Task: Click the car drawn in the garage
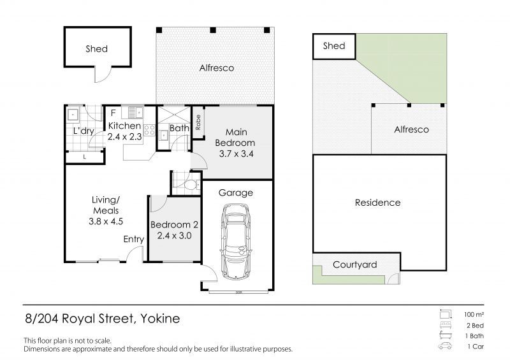[236, 241]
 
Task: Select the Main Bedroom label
[235, 138]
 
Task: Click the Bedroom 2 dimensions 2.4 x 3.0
[174, 236]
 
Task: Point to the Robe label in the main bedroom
[198, 122]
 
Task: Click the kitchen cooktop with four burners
[149, 130]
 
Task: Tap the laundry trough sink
[73, 115]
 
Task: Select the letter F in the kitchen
[113, 113]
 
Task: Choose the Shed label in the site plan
[334, 46]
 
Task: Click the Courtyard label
[355, 264]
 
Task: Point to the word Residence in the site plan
[377, 203]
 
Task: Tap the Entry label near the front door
[134, 240]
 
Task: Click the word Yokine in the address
[160, 319]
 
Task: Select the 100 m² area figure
[474, 315]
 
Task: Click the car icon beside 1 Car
[445, 346]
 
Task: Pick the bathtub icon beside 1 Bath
[445, 335]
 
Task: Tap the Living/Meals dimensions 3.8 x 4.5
[106, 222]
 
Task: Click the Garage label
[236, 193]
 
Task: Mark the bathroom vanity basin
[164, 135]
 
